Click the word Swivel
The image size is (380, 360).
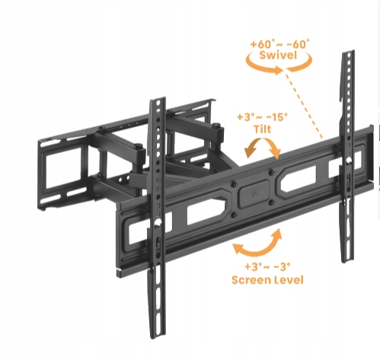(278, 55)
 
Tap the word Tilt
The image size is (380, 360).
(263, 129)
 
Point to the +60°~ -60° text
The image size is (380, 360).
(279, 43)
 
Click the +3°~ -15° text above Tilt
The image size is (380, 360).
(263, 117)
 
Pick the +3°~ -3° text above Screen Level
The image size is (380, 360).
(267, 266)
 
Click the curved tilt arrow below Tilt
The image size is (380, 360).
(263, 140)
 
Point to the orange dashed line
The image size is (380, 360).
(304, 106)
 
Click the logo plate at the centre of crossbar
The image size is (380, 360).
(253, 194)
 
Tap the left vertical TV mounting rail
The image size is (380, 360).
(157, 218)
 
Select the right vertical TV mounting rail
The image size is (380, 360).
(348, 156)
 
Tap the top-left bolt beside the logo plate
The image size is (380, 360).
(235, 184)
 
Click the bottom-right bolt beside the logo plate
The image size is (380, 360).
(272, 202)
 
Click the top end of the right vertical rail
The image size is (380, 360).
(348, 52)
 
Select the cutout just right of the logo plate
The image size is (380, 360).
(298, 178)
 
